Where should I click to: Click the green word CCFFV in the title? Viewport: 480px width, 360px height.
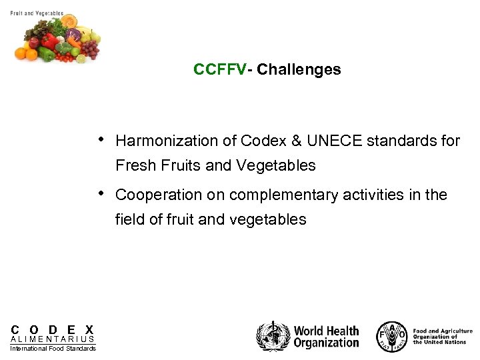pyautogui.click(x=219, y=69)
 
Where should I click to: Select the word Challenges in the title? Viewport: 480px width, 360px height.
pyautogui.click(x=299, y=69)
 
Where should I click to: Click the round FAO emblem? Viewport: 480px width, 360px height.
pyautogui.click(x=391, y=336)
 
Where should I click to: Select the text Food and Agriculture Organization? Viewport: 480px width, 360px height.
pyautogui.click(x=442, y=336)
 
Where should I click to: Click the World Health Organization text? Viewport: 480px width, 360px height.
pyautogui.click(x=326, y=337)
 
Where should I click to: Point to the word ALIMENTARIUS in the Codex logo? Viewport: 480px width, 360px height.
pyautogui.click(x=53, y=339)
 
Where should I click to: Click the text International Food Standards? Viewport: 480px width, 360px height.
pyautogui.click(x=53, y=348)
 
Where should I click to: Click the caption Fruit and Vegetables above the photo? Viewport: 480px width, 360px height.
pyautogui.click(x=37, y=13)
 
